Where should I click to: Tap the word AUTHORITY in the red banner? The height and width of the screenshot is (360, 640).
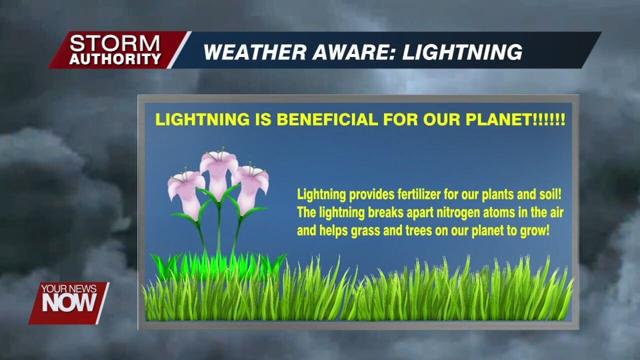pos(116,59)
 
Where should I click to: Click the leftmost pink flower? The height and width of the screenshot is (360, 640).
pos(185,188)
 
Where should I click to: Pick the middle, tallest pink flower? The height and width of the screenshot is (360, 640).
pos(218,166)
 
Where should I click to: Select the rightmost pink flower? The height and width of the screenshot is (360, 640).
pos(249,184)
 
